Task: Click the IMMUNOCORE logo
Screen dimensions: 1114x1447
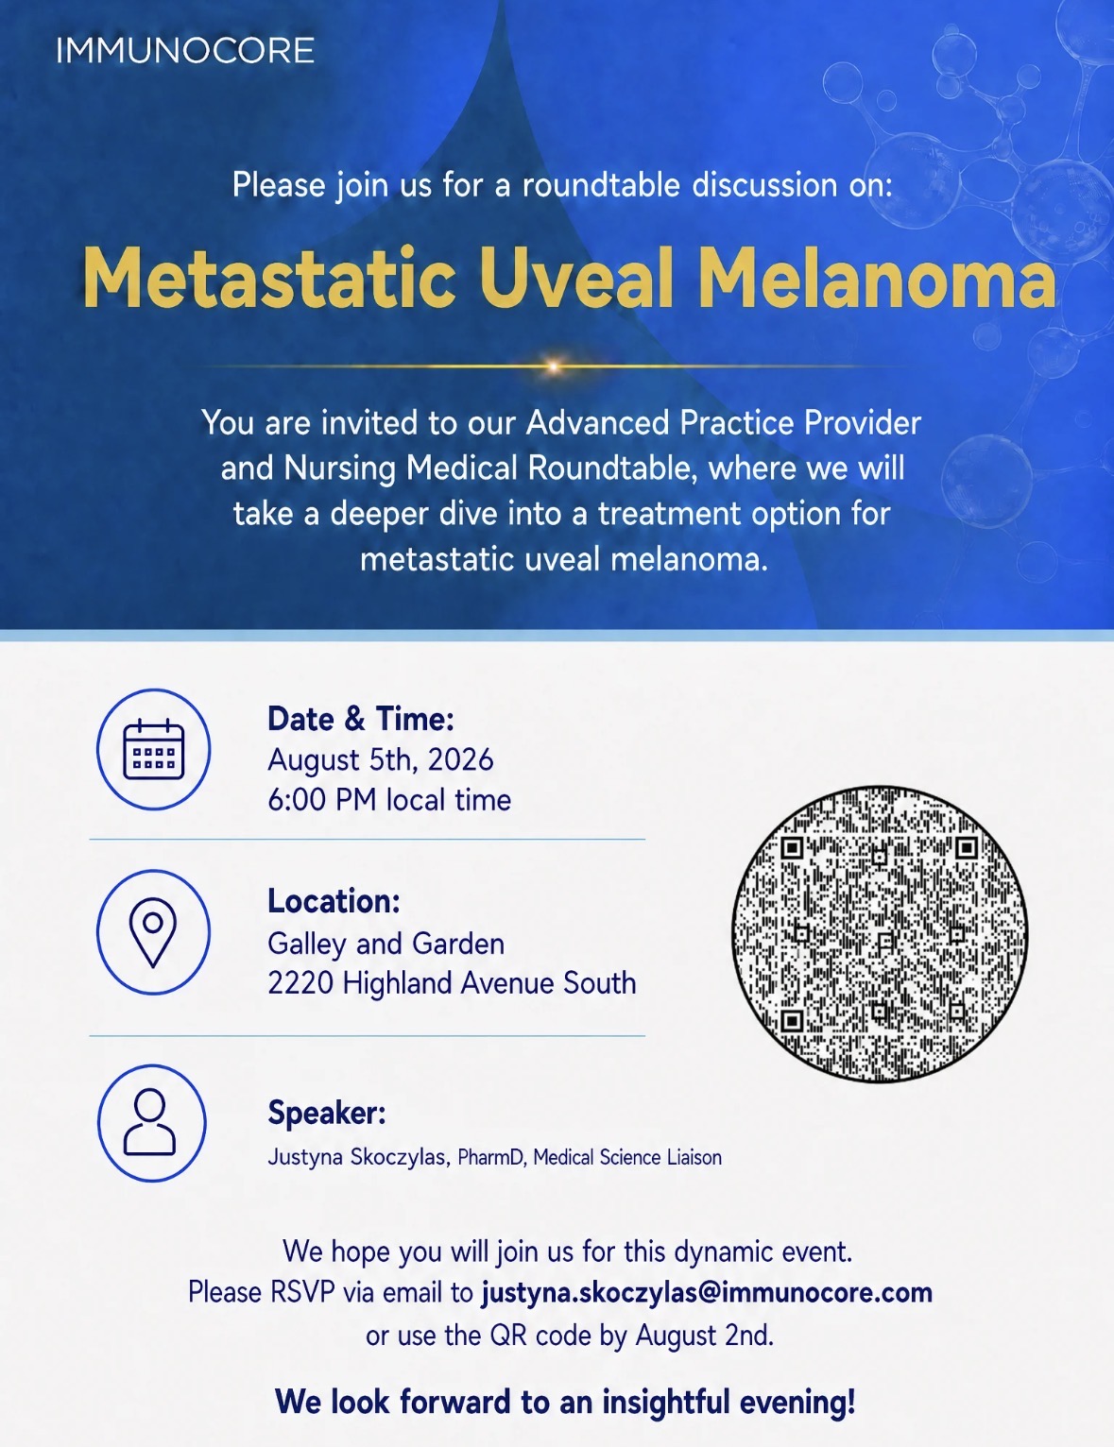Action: [x=185, y=51]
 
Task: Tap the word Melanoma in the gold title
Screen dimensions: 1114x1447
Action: [x=878, y=278]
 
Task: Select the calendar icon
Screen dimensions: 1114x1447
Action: [x=154, y=749]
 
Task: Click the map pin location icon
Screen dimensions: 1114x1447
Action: [x=153, y=932]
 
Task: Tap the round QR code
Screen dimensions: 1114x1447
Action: [x=880, y=933]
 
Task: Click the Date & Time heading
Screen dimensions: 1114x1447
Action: [x=361, y=719]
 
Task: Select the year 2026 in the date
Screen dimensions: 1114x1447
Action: [x=461, y=759]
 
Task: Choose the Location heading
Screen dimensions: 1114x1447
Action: [x=334, y=901]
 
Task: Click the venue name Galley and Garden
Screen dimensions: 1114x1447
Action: [x=386, y=945]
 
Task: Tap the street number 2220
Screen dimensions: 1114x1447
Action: [x=300, y=983]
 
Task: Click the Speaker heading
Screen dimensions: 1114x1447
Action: [x=327, y=1113]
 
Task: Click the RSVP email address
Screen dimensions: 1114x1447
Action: [x=707, y=1293]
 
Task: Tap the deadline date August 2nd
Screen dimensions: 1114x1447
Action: [x=705, y=1336]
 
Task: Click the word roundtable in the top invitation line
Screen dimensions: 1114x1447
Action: [x=601, y=184]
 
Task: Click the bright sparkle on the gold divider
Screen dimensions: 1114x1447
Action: [x=553, y=366]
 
